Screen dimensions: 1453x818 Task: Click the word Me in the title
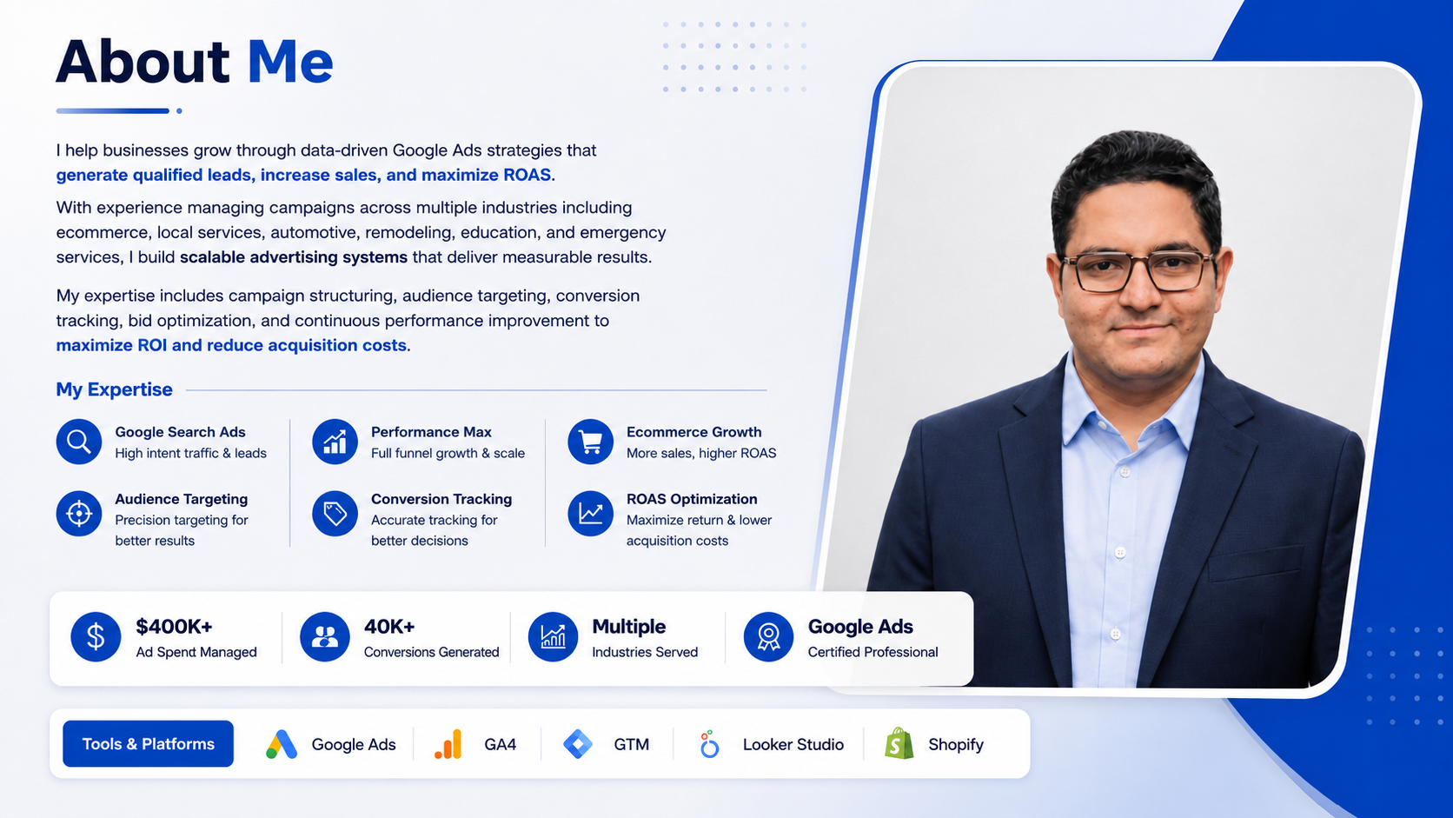[290, 63]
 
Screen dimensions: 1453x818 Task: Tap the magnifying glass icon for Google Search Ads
[78, 442]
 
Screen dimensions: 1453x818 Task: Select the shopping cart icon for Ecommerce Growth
[590, 442]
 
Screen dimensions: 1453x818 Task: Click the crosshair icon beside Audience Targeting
[78, 514]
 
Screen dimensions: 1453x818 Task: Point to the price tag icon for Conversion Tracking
[335, 514]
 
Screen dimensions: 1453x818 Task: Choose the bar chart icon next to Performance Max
[335, 442]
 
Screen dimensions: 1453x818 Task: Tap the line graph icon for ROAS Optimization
[590, 514]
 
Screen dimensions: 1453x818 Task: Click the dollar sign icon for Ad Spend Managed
[96, 637]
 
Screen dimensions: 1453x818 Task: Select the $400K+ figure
[174, 627]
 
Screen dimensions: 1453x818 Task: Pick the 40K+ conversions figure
[389, 627]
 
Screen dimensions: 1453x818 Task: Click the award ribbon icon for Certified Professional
[768, 637]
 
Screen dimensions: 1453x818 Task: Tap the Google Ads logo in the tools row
[282, 744]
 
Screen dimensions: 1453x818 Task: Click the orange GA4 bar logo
[448, 744]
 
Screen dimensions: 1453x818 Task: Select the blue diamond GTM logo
[578, 744]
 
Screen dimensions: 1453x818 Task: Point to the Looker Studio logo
[710, 744]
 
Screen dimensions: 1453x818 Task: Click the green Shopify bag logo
[899, 743]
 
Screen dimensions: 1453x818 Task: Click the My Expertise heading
[114, 389]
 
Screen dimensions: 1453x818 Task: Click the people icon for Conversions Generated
[324, 637]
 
